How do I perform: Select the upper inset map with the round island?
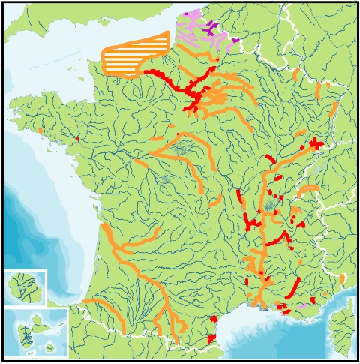[24, 287]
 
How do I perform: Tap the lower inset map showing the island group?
[35, 332]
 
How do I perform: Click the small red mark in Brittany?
[77, 138]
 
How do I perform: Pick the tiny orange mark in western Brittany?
[40, 131]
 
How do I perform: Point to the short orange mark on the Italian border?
[342, 278]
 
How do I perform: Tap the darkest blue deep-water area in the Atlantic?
[15, 218]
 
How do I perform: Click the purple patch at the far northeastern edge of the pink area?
[235, 40]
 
